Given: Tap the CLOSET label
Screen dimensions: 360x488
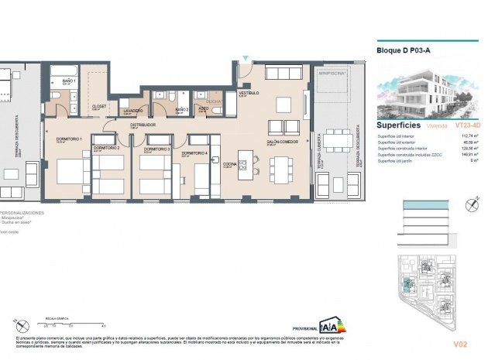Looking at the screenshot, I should tap(98, 107).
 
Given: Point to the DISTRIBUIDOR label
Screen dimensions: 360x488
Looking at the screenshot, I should tap(143, 124).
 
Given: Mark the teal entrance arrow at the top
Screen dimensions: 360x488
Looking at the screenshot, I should tap(246, 59).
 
